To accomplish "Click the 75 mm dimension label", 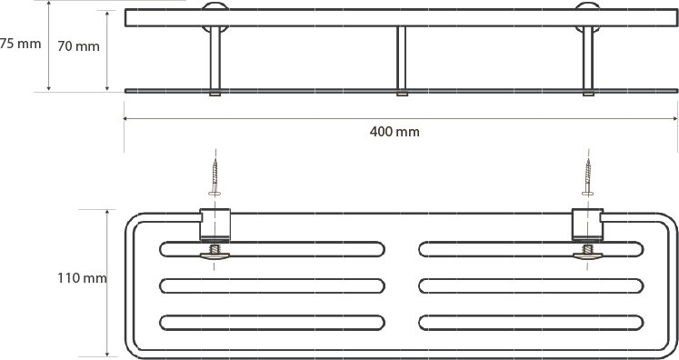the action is point(20,44).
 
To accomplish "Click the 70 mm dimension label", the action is point(78,46).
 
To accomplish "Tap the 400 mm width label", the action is point(394,132).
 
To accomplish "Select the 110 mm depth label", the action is point(82,278).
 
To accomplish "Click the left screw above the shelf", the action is point(215,177).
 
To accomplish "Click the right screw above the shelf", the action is point(587,177).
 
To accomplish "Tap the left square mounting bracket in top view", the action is point(215,225).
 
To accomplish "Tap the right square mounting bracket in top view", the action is point(587,225).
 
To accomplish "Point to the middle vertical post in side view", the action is point(402,61).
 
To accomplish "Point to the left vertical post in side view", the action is point(215,61).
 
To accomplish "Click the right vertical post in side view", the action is point(588,61).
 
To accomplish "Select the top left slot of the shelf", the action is point(272,249).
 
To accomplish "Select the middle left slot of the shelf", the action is point(272,286).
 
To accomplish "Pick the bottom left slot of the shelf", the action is point(272,323).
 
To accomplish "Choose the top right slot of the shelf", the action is point(531,249).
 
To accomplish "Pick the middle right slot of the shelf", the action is point(531,286).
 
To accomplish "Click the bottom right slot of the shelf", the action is point(531,323).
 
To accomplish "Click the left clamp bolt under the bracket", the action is point(215,253).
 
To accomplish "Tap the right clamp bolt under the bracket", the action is point(587,253).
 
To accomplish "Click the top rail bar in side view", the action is point(402,18).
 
